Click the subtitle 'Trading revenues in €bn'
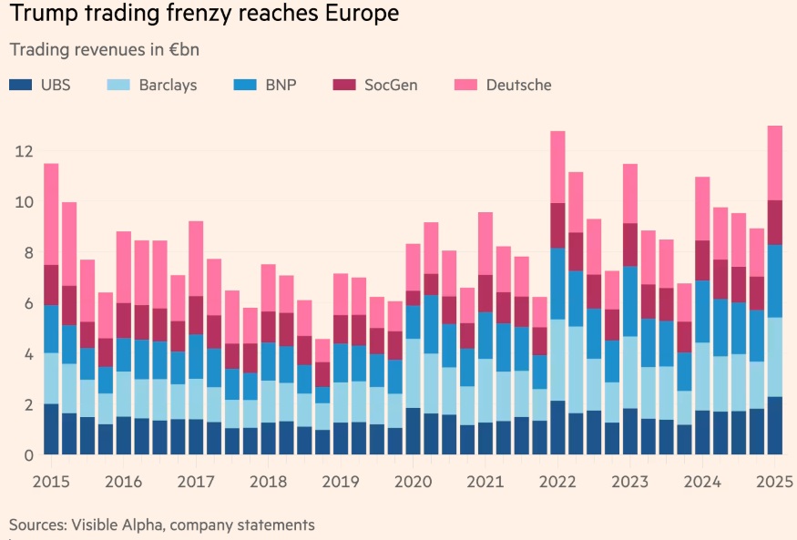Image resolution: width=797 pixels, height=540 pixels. pyautogui.click(x=104, y=49)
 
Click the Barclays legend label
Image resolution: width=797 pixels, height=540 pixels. pyautogui.click(x=168, y=86)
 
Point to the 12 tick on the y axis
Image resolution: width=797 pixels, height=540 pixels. pyautogui.click(x=25, y=150)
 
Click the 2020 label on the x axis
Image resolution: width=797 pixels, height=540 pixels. pyautogui.click(x=413, y=480)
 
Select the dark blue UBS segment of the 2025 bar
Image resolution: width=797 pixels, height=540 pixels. pyautogui.click(x=775, y=425)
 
